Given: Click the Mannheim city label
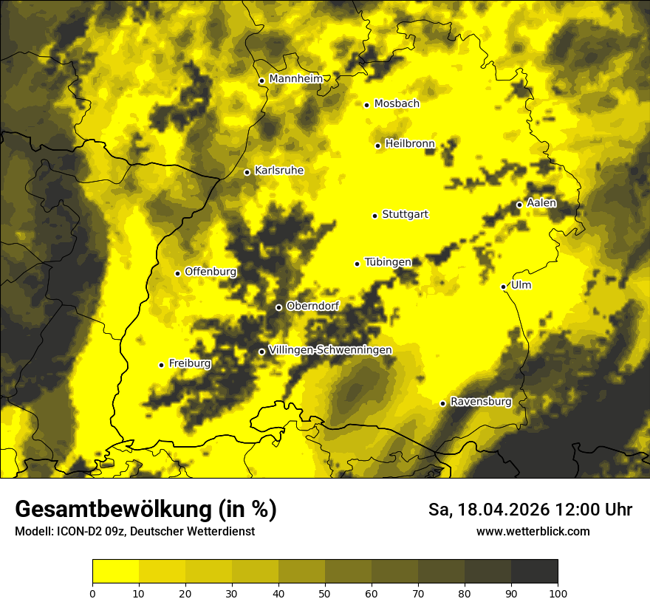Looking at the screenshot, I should point(295,79).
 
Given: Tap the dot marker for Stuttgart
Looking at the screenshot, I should point(374,216).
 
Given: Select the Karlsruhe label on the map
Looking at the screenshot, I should point(279,171).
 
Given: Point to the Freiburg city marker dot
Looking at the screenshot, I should point(161,365).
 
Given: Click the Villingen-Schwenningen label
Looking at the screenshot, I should point(330,350).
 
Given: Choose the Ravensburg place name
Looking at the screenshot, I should point(481,402).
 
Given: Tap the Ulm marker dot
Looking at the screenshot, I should point(503,287).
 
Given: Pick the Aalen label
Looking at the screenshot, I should point(541,203).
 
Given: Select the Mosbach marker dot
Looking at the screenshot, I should point(366,105).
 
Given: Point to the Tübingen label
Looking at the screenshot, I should point(388,262).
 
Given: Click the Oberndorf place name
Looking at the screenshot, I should point(312,306).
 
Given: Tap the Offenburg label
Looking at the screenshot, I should point(211,272).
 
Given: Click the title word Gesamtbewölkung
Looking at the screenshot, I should point(114,510).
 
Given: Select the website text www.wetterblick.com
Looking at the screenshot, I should point(533,531).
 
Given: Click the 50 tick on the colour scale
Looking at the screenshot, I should point(325,592).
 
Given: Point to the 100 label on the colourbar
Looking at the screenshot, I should point(558,592).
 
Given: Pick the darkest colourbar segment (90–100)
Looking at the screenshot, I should point(534,571).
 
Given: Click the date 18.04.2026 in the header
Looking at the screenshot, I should point(502,510).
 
